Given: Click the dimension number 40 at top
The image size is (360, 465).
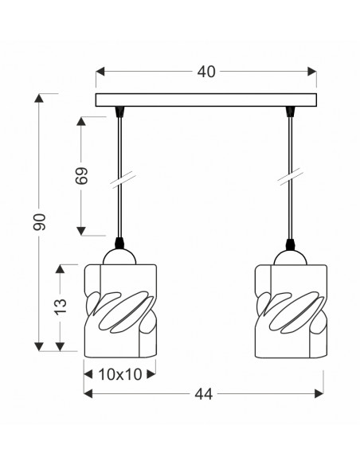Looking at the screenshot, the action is (206, 72).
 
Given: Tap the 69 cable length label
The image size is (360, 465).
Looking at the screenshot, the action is (81, 176).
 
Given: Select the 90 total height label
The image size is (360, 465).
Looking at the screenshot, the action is (39, 222).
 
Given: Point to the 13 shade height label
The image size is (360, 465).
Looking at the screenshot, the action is (60, 307).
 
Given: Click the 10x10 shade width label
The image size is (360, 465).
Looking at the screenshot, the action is (119, 374).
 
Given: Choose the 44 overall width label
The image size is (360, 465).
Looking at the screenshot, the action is (203, 394).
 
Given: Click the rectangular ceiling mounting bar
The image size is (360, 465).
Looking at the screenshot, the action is (205, 100).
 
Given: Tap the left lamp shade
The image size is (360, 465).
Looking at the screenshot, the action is (120, 311).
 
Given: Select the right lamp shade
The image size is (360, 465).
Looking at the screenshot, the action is (292, 311).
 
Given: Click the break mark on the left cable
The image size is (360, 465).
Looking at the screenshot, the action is (123, 180).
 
